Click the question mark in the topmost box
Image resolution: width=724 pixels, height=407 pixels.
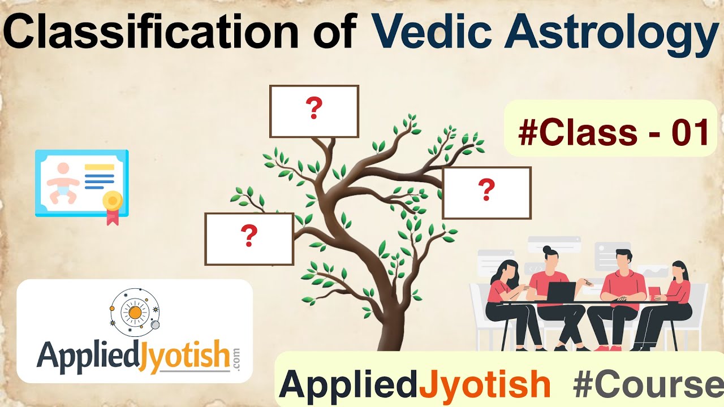(314, 109)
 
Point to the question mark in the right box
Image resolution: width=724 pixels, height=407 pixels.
(486, 190)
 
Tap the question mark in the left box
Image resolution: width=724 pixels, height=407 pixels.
(249, 236)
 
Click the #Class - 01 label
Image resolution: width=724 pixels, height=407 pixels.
(613, 133)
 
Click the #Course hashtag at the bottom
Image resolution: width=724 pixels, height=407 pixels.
(648, 385)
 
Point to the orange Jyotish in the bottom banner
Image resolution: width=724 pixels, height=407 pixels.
(485, 385)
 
